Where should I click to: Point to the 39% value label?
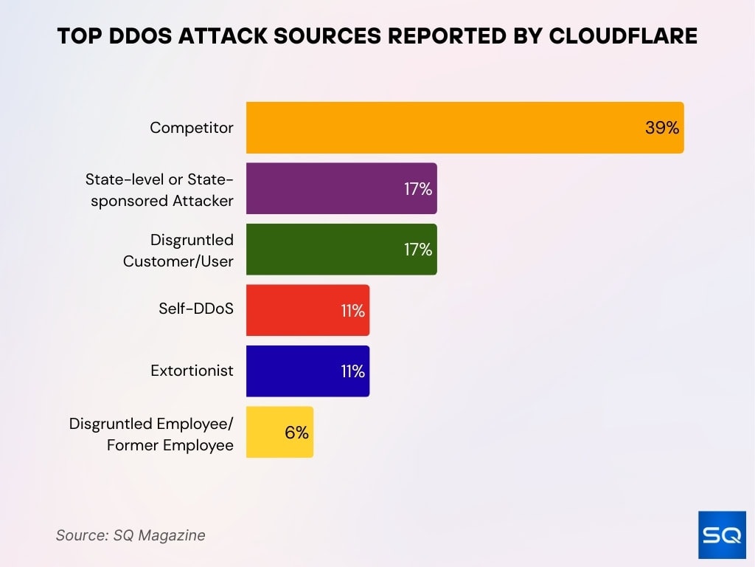(x=661, y=128)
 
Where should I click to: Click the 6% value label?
(x=296, y=433)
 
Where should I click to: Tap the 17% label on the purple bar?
(x=417, y=189)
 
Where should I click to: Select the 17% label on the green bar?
(x=417, y=250)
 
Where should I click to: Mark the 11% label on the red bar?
(x=352, y=311)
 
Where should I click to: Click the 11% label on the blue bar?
(x=352, y=371)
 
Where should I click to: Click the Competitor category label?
(x=192, y=128)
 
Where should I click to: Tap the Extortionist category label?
(x=192, y=371)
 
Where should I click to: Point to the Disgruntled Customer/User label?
(x=178, y=250)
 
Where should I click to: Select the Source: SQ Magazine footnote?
(x=131, y=535)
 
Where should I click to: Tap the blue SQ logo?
(x=721, y=534)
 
